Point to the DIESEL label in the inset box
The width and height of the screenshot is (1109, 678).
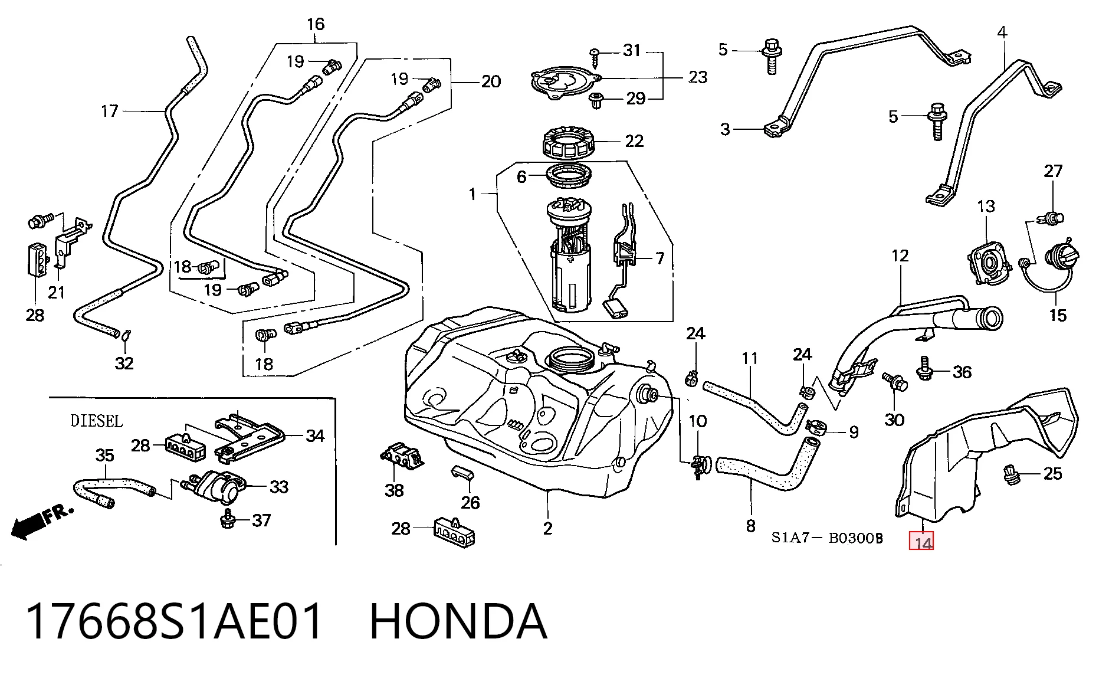[x=96, y=421]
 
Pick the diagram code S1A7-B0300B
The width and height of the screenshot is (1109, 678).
[x=827, y=538]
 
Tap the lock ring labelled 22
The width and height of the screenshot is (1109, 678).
[x=567, y=144]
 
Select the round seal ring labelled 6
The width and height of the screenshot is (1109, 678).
[x=569, y=177]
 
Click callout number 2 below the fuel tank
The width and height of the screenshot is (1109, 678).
[x=547, y=528]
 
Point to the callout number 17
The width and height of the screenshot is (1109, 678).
[x=110, y=111]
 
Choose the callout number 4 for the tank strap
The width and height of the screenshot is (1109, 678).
[x=1002, y=32]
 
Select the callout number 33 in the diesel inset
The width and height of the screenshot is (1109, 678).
[x=279, y=487]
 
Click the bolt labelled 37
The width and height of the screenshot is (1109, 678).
[x=227, y=520]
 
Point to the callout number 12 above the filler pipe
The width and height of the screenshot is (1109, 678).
[x=900, y=256]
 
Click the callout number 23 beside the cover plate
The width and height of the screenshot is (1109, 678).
[x=698, y=77]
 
